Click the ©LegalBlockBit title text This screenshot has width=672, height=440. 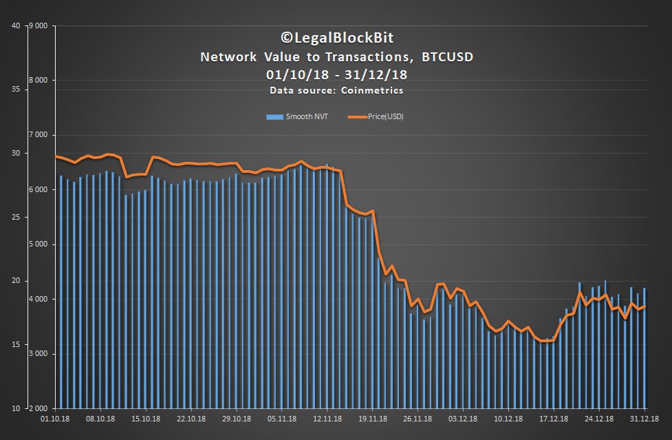pos(336,38)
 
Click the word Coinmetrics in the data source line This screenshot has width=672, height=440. pos(378,91)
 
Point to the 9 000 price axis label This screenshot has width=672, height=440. pos(39,26)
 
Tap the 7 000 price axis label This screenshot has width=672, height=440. pos(39,135)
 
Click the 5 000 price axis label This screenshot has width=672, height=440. pos(39,244)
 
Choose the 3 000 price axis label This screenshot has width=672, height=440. pos(39,354)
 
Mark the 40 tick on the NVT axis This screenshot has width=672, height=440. pos(15,26)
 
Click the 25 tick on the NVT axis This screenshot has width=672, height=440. pos(15,218)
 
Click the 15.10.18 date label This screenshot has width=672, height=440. pos(146,418)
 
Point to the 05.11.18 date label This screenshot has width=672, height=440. pos(282,418)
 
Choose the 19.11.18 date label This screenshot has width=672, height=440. pos(372,418)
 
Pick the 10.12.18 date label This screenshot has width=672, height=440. pos(508,418)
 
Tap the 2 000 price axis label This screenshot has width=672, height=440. pos(39,408)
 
